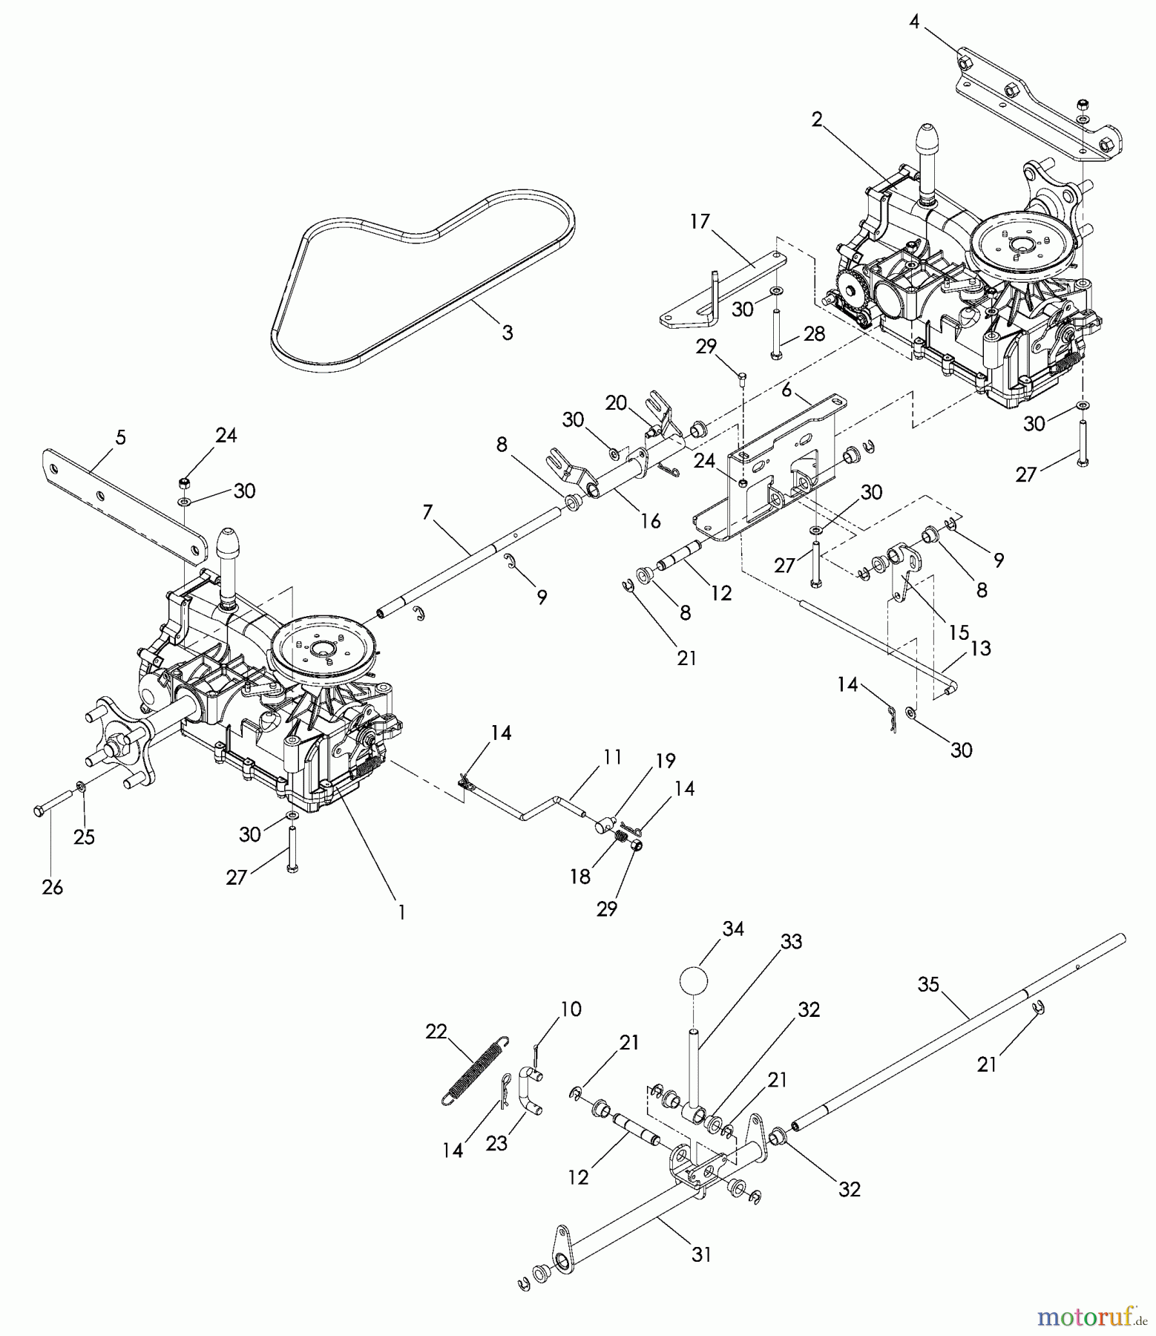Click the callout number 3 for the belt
pyautogui.click(x=507, y=333)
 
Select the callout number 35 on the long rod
pyautogui.click(x=928, y=986)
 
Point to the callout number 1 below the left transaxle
pyautogui.click(x=401, y=912)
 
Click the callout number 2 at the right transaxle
pyautogui.click(x=817, y=119)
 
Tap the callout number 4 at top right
pyautogui.click(x=914, y=22)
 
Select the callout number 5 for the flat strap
pyautogui.click(x=121, y=438)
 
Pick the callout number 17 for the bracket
pyautogui.click(x=700, y=221)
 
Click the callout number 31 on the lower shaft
pyautogui.click(x=701, y=1254)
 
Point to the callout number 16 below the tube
pyautogui.click(x=650, y=521)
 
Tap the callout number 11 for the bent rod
pyautogui.click(x=612, y=758)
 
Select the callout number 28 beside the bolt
pyautogui.click(x=814, y=334)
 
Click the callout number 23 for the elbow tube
pyautogui.click(x=496, y=1143)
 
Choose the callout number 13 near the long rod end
pyautogui.click(x=980, y=648)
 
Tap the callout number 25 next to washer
pyautogui.click(x=85, y=836)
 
